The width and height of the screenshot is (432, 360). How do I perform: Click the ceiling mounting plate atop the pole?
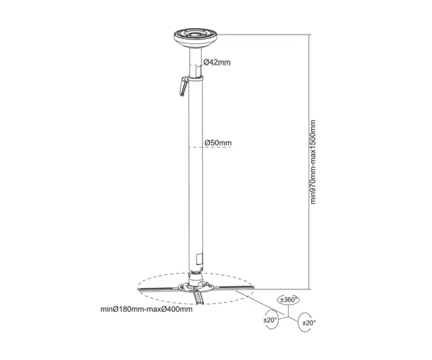pyautogui.click(x=195, y=38)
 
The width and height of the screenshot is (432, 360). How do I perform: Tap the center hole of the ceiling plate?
pyautogui.click(x=195, y=35)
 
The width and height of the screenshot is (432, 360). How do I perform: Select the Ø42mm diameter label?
pyautogui.click(x=217, y=62)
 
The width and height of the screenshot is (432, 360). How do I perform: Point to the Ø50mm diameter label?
pyautogui.click(x=218, y=143)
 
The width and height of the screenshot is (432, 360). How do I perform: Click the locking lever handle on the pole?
pyautogui.click(x=184, y=86)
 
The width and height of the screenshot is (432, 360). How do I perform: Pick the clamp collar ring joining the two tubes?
pyautogui.click(x=196, y=78)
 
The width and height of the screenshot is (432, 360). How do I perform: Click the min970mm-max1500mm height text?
pyautogui.click(x=313, y=162)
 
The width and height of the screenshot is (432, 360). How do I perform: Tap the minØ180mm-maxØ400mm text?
pyautogui.click(x=146, y=309)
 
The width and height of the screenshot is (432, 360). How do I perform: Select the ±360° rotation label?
pyautogui.click(x=288, y=300)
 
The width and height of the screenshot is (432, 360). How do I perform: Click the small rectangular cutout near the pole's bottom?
pyautogui.click(x=199, y=258)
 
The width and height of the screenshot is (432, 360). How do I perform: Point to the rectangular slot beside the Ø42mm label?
pyautogui.click(x=197, y=71)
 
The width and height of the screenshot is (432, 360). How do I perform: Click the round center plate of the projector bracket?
pyautogui.click(x=196, y=287)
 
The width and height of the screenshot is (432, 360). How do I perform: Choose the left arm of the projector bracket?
pyautogui.click(x=158, y=289)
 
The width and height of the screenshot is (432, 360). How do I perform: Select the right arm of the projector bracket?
pyautogui.click(x=233, y=287)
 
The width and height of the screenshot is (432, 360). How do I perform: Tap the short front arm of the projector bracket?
pyautogui.click(x=199, y=299)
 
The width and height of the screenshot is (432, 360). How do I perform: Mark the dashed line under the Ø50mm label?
pyautogui.click(x=210, y=148)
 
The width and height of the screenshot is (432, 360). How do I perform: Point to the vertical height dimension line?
pyautogui.click(x=309, y=162)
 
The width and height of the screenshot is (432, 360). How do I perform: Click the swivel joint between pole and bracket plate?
pyautogui.click(x=196, y=278)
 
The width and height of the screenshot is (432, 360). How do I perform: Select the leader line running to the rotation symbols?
pyautogui.click(x=261, y=302)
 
